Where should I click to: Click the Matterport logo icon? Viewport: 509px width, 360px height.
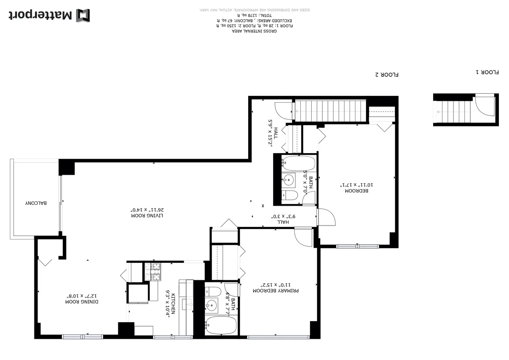click(83, 16)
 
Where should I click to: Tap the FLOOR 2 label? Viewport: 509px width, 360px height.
click(387, 75)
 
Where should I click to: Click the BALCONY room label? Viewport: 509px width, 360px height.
click(36, 203)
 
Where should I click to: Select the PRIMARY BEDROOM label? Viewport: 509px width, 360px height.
click(276, 291)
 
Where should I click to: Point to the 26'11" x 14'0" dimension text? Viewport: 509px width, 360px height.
click(147, 209)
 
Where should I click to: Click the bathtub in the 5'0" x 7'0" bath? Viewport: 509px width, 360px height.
click(299, 163)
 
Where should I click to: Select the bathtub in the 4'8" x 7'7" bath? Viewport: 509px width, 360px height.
click(221, 326)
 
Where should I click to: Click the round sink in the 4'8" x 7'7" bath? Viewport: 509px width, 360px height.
click(211, 304)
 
